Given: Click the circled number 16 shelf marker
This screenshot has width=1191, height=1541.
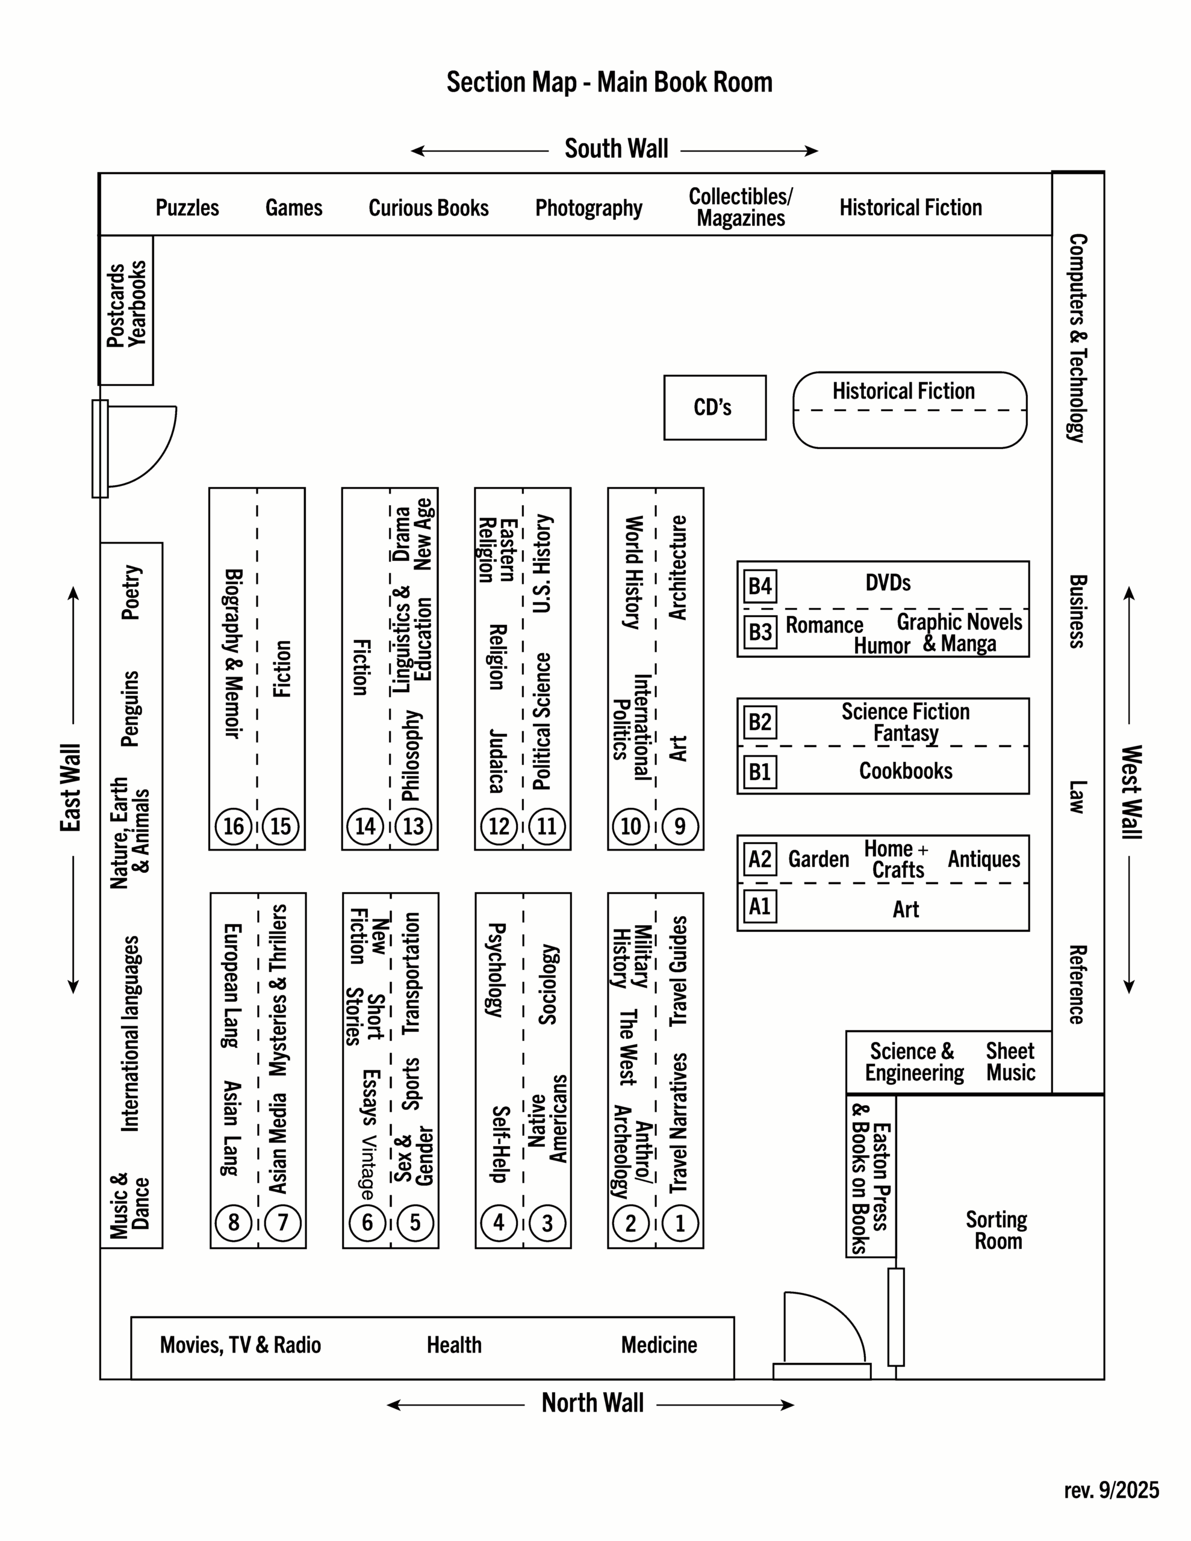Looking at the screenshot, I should (x=234, y=826).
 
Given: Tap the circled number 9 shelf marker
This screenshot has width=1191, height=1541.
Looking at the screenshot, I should (x=680, y=826).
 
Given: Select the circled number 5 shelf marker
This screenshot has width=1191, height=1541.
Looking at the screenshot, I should (x=415, y=1223).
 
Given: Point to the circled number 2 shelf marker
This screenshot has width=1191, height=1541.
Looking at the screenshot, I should (x=631, y=1223).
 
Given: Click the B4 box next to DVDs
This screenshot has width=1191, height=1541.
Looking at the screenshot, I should (x=760, y=586).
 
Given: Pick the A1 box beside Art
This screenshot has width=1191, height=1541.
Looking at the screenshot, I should (x=760, y=907).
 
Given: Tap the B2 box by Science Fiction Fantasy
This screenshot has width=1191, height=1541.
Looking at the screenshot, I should (x=760, y=722).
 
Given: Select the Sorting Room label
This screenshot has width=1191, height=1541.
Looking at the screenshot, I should (x=998, y=1230).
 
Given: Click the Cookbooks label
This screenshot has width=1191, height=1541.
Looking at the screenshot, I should (x=905, y=771).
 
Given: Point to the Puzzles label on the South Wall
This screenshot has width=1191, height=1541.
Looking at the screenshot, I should (x=187, y=208).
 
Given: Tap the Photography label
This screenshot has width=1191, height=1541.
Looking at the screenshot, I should (x=589, y=208).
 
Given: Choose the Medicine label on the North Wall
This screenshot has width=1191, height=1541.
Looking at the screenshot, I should (x=659, y=1345).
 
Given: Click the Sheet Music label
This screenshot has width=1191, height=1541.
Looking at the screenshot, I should (x=1010, y=1062).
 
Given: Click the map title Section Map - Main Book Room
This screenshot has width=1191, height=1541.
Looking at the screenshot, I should (x=609, y=82).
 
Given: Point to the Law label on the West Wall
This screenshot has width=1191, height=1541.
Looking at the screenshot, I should (x=1077, y=798).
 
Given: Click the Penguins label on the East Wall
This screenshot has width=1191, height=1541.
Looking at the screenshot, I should (x=131, y=708).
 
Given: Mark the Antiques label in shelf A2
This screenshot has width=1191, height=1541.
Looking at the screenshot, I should (x=983, y=860).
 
